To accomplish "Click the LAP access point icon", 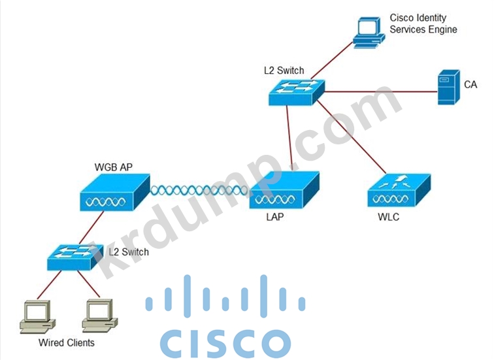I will [284, 190].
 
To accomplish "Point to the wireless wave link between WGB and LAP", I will [199, 191].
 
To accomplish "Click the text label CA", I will [470, 85].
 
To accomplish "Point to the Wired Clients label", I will [66, 342].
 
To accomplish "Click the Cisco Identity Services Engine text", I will [423, 24].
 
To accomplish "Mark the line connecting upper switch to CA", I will [379, 92].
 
